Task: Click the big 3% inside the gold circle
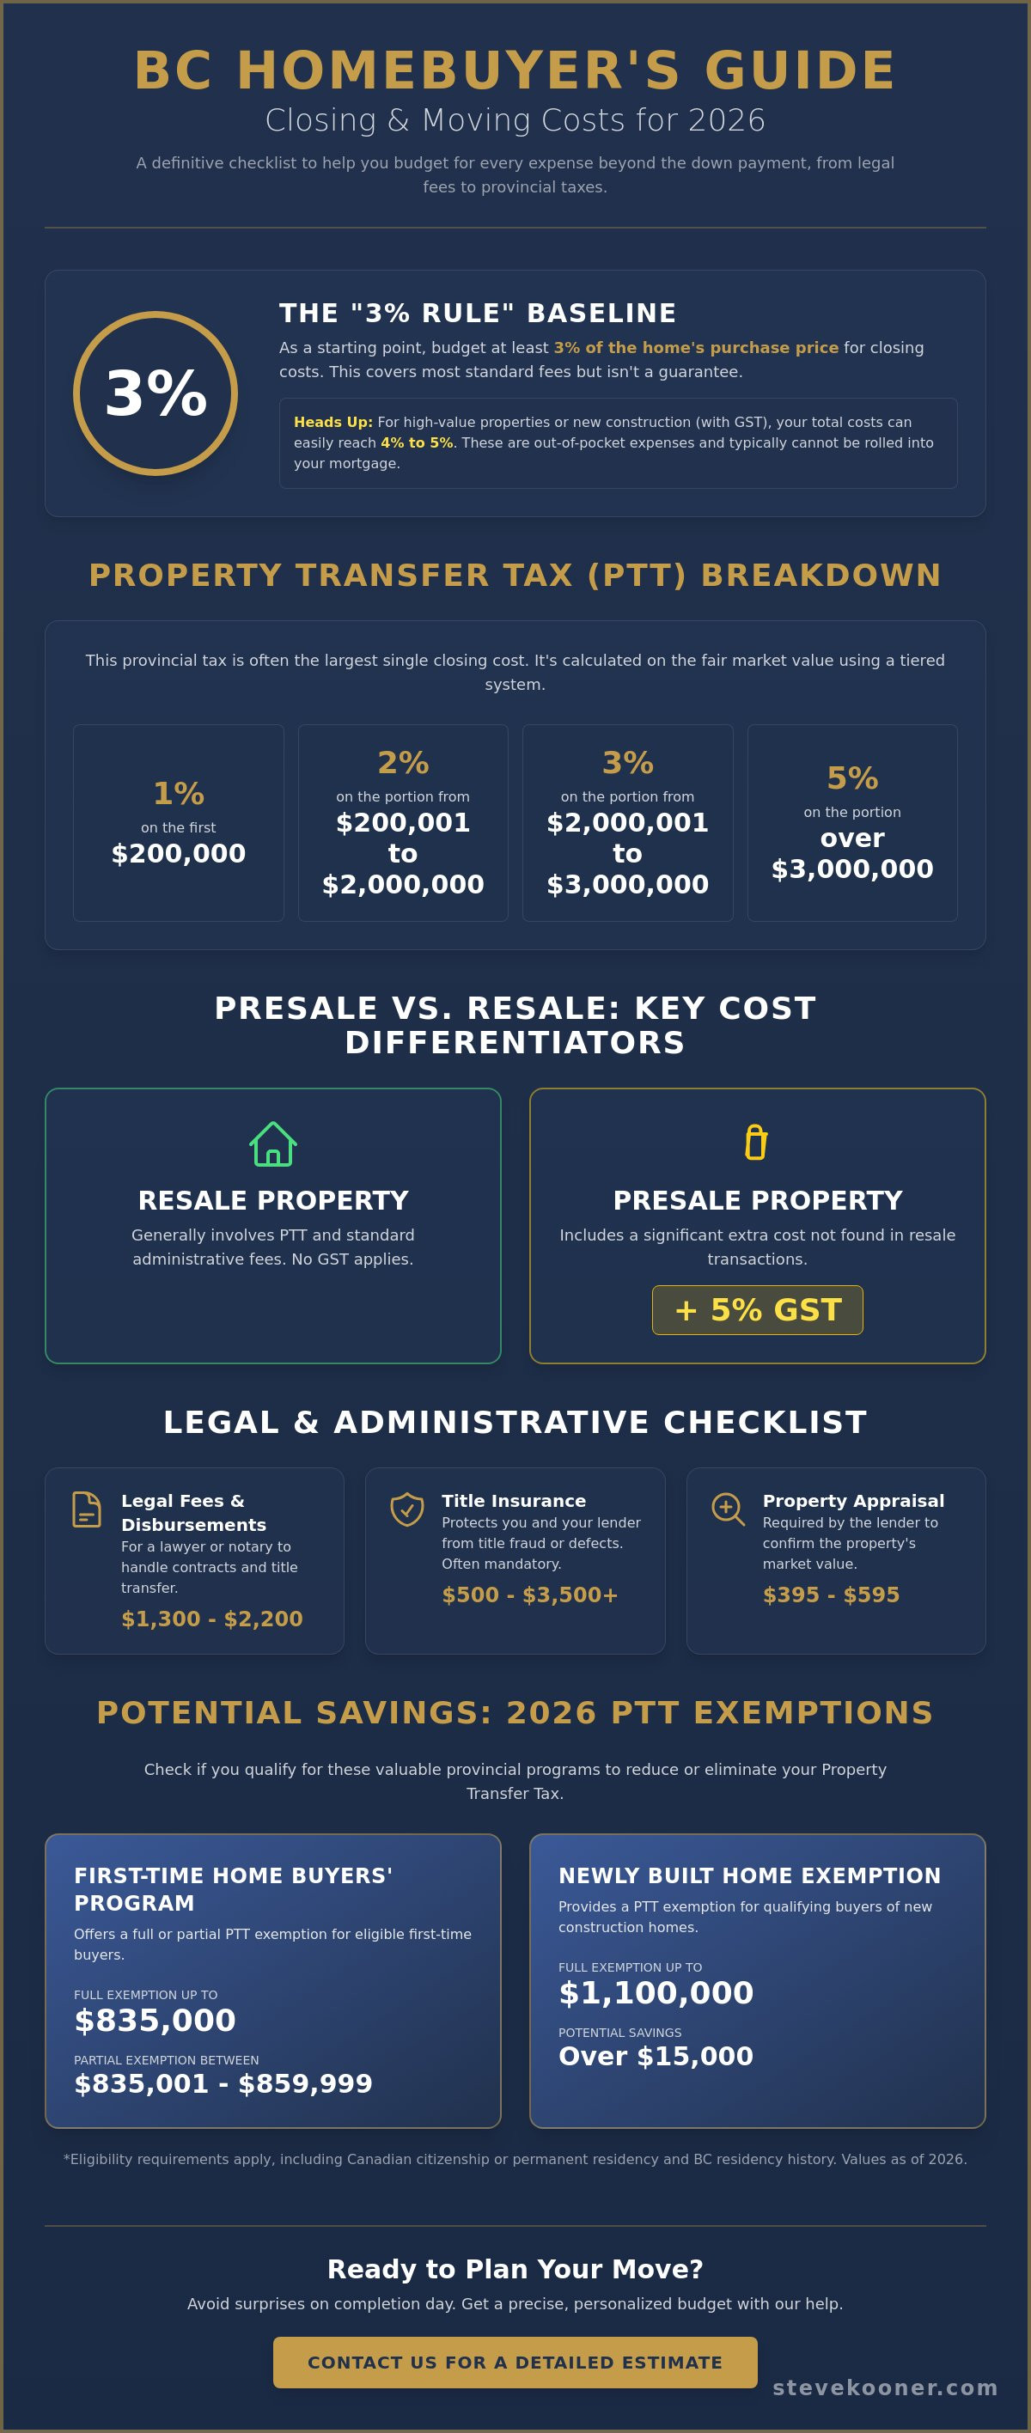(156, 393)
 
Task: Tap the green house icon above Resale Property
(273, 1143)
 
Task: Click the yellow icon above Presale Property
(756, 1142)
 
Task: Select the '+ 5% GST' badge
(757, 1310)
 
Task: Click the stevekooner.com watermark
(885, 2387)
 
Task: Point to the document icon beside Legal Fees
(87, 1509)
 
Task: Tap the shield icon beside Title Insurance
(407, 1509)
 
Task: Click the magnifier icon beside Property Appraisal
(728, 1509)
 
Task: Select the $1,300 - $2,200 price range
(212, 1619)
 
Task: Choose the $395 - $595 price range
(831, 1595)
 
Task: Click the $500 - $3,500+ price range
(529, 1595)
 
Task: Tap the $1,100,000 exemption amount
(656, 1993)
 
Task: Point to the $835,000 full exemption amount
(155, 2021)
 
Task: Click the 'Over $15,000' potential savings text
(656, 2056)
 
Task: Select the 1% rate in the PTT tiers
(179, 793)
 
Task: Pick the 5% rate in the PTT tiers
(852, 778)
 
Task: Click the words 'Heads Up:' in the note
(333, 422)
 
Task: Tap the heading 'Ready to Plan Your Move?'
(515, 2269)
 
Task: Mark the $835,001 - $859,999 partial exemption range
(223, 2083)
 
